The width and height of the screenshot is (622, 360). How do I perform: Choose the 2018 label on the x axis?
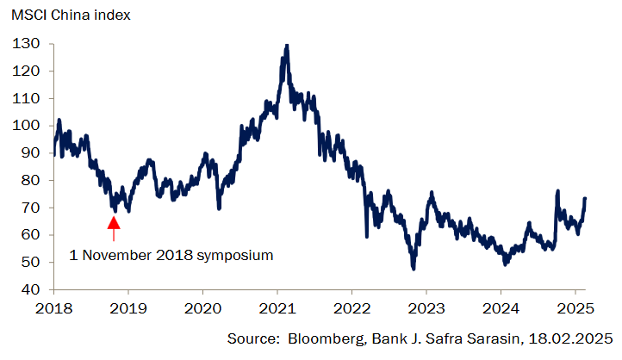pyautogui.click(x=53, y=307)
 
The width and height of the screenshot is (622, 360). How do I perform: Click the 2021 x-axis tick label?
pyautogui.click(x=277, y=307)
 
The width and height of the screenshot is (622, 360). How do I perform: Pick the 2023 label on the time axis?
pyautogui.click(x=426, y=307)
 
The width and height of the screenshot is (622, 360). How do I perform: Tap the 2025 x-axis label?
pyautogui.click(x=575, y=307)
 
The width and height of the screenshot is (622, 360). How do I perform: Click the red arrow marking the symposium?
pyautogui.click(x=114, y=227)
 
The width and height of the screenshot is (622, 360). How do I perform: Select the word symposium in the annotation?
pyautogui.click(x=233, y=255)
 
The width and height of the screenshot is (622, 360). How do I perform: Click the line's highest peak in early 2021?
pyautogui.click(x=286, y=46)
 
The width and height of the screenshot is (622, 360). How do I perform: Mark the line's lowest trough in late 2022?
pyautogui.click(x=414, y=269)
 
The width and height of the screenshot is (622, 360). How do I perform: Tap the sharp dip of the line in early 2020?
pyautogui.click(x=219, y=208)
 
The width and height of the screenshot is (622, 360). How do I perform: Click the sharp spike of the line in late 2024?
pyautogui.click(x=558, y=192)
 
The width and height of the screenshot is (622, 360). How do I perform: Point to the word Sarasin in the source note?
pyautogui.click(x=485, y=338)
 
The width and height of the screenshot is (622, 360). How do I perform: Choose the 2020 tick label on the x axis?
pyautogui.click(x=202, y=307)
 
